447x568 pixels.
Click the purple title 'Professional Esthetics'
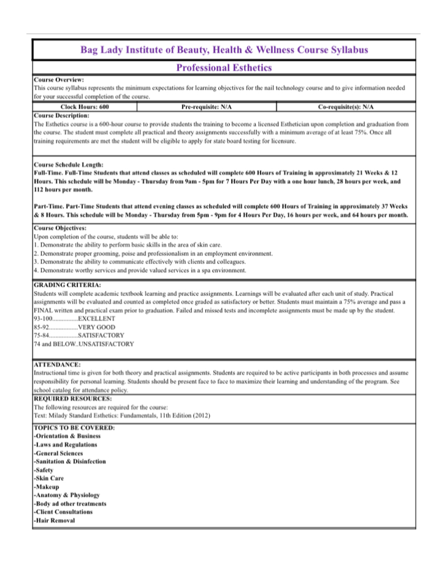[224, 68]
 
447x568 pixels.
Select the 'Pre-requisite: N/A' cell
[207, 107]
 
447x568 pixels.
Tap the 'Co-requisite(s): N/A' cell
[346, 107]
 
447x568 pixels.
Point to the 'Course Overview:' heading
[59, 80]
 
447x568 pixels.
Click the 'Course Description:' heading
[61, 115]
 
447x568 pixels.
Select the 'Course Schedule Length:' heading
[69, 165]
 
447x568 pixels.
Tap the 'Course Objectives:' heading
[60, 228]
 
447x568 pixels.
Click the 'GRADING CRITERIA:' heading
[67, 286]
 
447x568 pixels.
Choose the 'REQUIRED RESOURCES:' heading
[72, 399]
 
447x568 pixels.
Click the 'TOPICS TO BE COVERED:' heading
[74, 427]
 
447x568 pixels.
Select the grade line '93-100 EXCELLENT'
[74, 319]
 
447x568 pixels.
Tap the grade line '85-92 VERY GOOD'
[74, 327]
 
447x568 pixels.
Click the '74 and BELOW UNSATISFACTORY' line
[83, 344]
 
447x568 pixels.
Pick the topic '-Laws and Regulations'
[65, 445]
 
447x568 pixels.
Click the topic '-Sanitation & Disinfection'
[69, 461]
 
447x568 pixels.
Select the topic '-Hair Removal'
[54, 521]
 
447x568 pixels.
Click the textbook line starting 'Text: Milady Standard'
[122, 416]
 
